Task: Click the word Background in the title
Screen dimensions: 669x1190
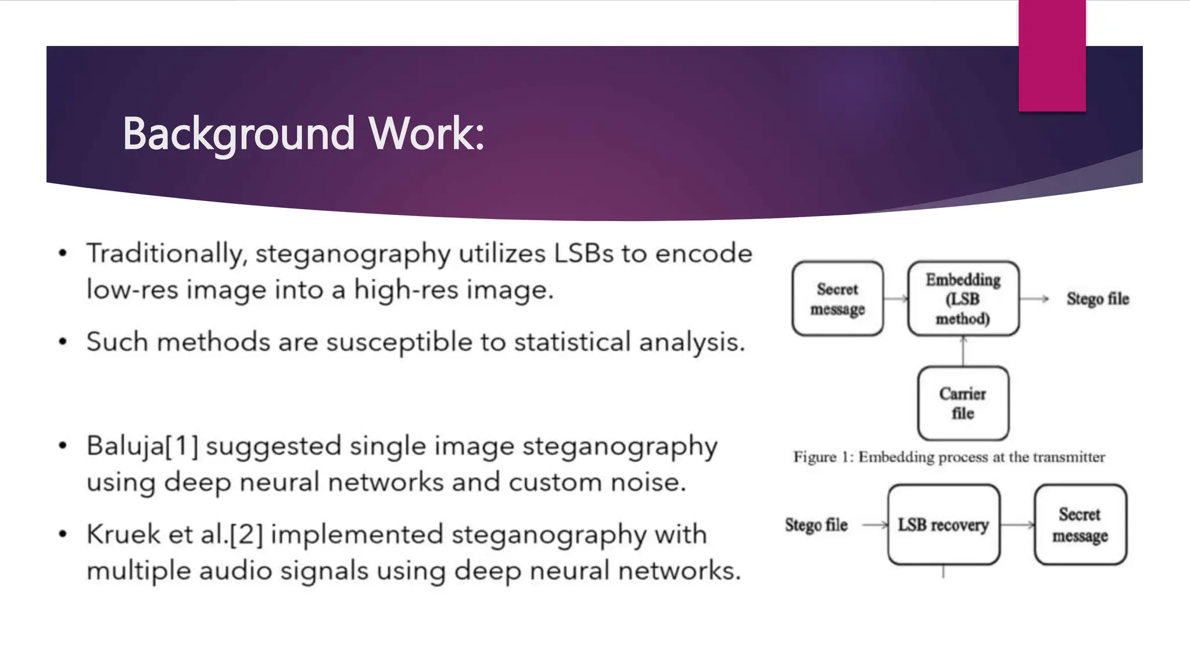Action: (x=238, y=134)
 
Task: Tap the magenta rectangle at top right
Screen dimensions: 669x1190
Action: (x=1052, y=55)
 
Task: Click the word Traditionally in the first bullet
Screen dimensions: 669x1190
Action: (x=164, y=254)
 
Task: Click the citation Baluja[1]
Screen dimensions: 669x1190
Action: (x=142, y=447)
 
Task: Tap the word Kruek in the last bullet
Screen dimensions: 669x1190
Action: (x=123, y=535)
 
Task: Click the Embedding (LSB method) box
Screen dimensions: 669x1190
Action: (x=963, y=298)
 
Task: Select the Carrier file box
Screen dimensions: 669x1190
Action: (x=963, y=403)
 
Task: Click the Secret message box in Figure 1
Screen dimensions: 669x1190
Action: (x=837, y=298)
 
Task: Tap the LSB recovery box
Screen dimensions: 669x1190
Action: (x=943, y=524)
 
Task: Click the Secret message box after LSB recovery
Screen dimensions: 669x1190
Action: (x=1080, y=524)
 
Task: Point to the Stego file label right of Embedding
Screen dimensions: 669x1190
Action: (x=1097, y=298)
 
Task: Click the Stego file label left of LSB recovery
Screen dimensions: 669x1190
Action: (x=816, y=524)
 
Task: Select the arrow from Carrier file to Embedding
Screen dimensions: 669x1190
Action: (x=963, y=351)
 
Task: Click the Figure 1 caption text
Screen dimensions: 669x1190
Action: (x=949, y=457)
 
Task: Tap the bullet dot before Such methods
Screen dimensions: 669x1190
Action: (x=63, y=342)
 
